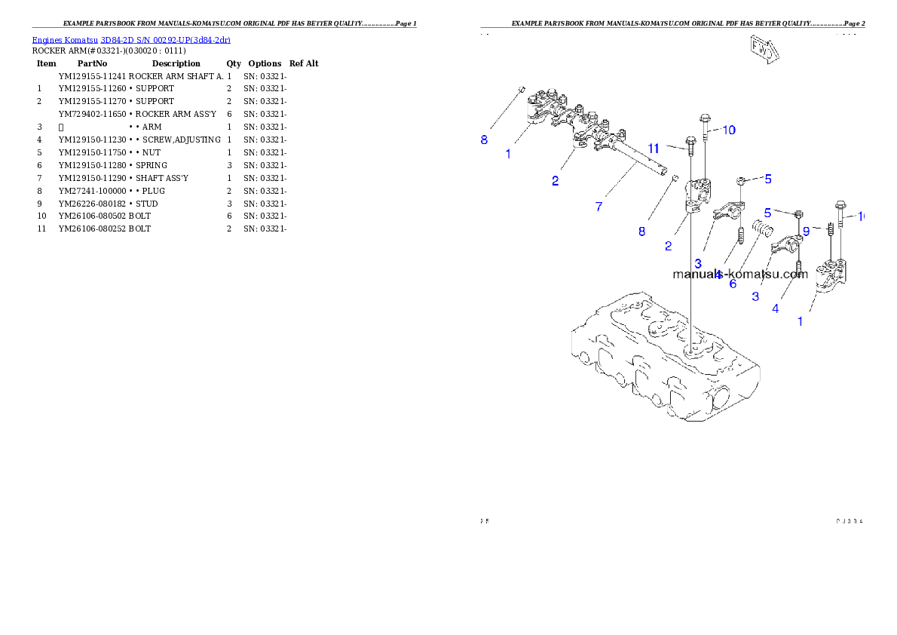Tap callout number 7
599,207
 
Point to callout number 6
733,284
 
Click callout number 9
806,232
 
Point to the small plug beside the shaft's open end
671,179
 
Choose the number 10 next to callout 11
728,130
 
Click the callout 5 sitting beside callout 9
767,213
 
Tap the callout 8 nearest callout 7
641,232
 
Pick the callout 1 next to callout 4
801,321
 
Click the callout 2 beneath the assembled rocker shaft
555,180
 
